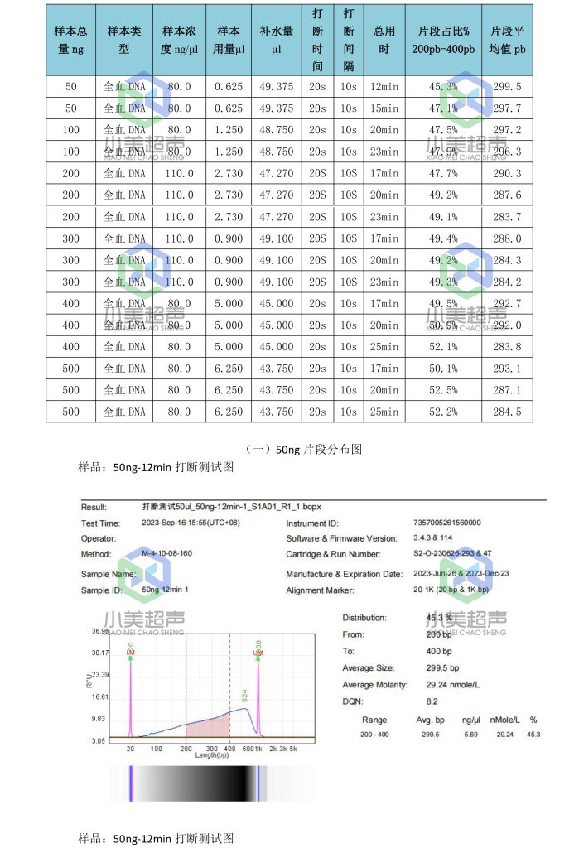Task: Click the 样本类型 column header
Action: tap(124, 40)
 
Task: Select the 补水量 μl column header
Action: tap(277, 40)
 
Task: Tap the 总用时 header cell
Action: tap(384, 40)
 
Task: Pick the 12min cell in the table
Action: tap(384, 87)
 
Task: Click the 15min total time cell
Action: tap(384, 108)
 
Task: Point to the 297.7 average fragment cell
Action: tap(507, 108)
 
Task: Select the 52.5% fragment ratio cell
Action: tap(443, 390)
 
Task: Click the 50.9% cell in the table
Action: tap(443, 325)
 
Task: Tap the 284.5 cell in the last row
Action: tap(507, 412)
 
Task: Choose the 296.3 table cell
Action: tap(507, 152)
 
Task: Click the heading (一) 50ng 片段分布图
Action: tap(304, 450)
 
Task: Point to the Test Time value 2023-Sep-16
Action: tap(187, 523)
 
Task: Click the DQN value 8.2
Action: tap(432, 701)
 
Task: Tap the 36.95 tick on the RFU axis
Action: tap(99, 631)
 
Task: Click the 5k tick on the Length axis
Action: tap(293, 749)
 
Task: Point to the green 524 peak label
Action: tap(245, 696)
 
